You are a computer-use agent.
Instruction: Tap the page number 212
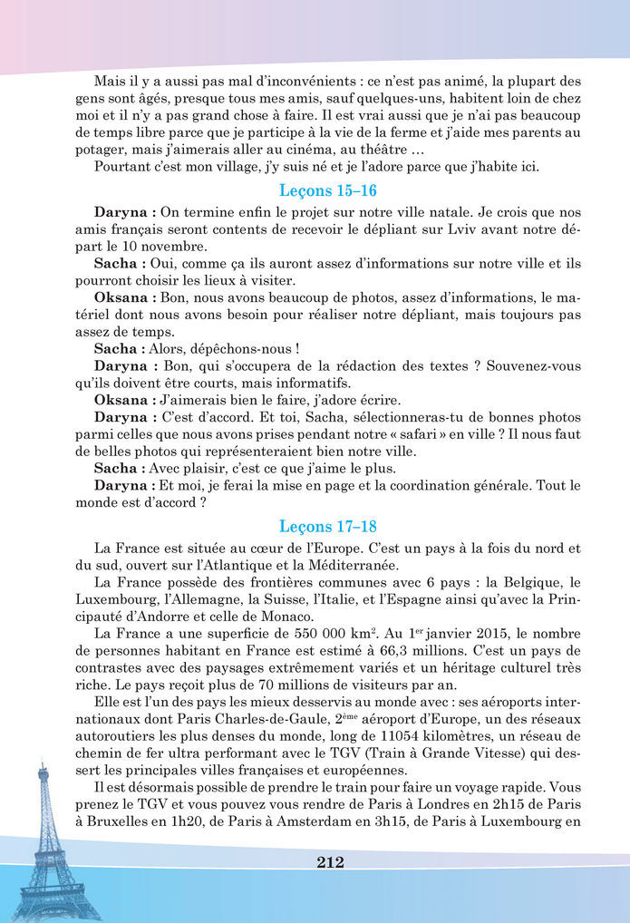(330, 861)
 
